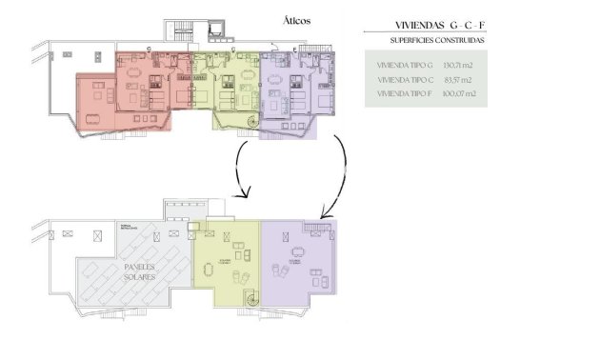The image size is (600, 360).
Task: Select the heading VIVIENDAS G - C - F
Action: pyautogui.click(x=446, y=25)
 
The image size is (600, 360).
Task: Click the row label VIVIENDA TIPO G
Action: pyautogui.click(x=405, y=65)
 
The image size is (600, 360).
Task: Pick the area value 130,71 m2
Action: pyautogui.click(x=460, y=65)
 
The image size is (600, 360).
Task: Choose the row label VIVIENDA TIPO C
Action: pyautogui.click(x=405, y=80)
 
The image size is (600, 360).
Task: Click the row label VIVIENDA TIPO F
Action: pyautogui.click(x=405, y=94)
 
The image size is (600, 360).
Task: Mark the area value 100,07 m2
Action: pyautogui.click(x=460, y=94)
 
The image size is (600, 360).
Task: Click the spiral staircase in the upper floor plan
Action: pyautogui.click(x=251, y=122)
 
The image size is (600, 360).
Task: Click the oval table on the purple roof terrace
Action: pyautogui.click(x=298, y=251)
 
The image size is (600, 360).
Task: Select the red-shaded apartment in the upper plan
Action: pyautogui.click(x=124, y=90)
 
